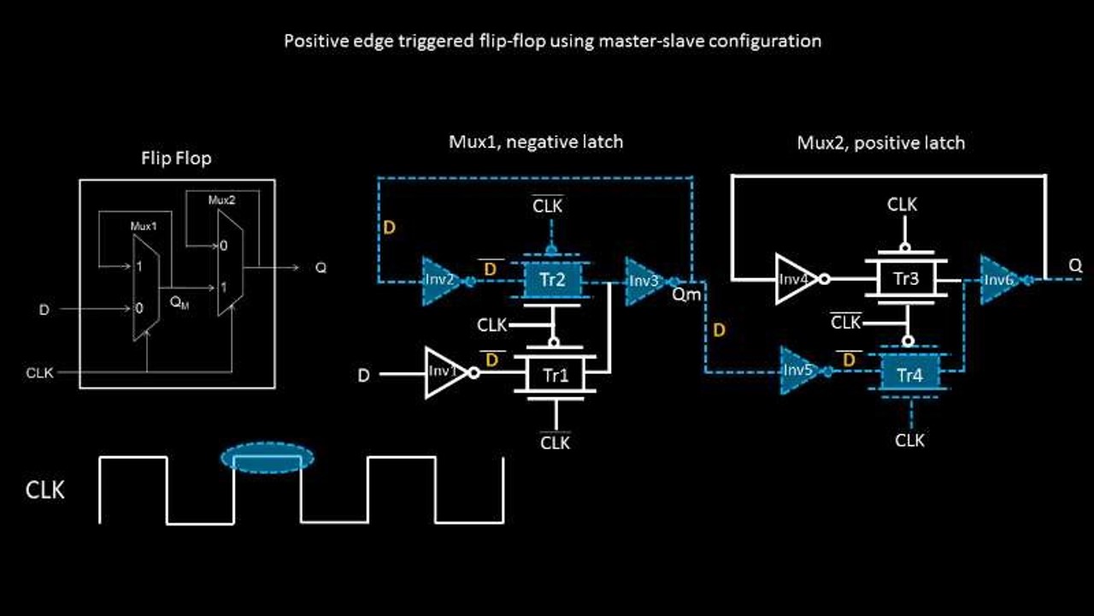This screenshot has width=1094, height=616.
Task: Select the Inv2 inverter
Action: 439,280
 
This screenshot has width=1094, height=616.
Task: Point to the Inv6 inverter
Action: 998,279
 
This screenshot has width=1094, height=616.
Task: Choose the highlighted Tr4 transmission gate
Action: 909,374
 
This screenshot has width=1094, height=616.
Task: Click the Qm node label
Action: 686,295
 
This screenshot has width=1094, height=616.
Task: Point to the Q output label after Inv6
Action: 1075,266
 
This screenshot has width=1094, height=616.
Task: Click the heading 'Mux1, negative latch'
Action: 536,142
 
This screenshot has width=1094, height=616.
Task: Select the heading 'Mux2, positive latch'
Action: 880,142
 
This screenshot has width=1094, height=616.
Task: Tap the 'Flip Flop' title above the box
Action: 176,158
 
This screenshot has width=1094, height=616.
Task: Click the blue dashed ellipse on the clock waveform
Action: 268,458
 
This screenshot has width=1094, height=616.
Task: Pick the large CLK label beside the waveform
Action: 45,490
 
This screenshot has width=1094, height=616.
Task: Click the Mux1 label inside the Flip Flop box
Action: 144,227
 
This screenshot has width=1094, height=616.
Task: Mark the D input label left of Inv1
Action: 363,375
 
